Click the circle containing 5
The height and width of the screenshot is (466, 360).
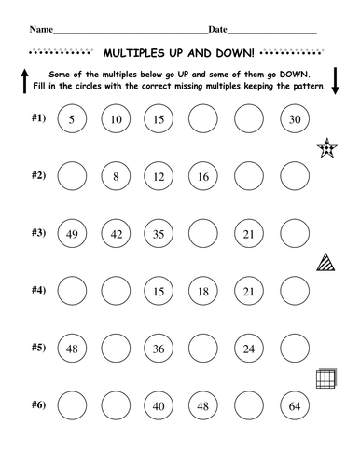(x=74, y=119)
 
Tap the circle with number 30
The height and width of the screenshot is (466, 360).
(x=295, y=119)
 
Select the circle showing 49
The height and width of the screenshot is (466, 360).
(x=74, y=234)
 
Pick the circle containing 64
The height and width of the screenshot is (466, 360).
(x=295, y=406)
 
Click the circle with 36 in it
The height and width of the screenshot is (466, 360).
(x=162, y=349)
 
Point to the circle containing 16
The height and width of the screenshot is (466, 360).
(x=206, y=176)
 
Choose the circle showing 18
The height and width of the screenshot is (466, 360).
(x=206, y=292)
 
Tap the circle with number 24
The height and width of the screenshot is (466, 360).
(x=250, y=349)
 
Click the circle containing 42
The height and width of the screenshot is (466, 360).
(x=118, y=234)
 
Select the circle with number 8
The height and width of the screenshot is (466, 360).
(x=118, y=176)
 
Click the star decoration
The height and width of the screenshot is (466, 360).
(x=329, y=147)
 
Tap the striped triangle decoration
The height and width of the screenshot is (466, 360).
(x=329, y=262)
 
